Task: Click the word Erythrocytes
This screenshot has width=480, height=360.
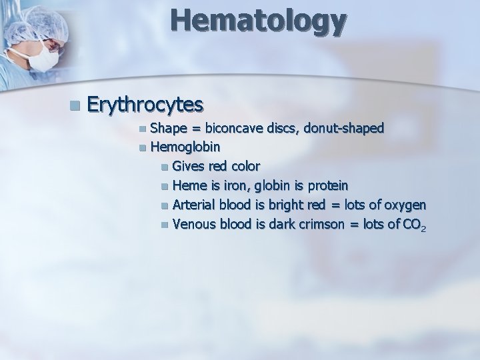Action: [145, 105]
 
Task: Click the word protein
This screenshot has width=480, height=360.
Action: [332, 184]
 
